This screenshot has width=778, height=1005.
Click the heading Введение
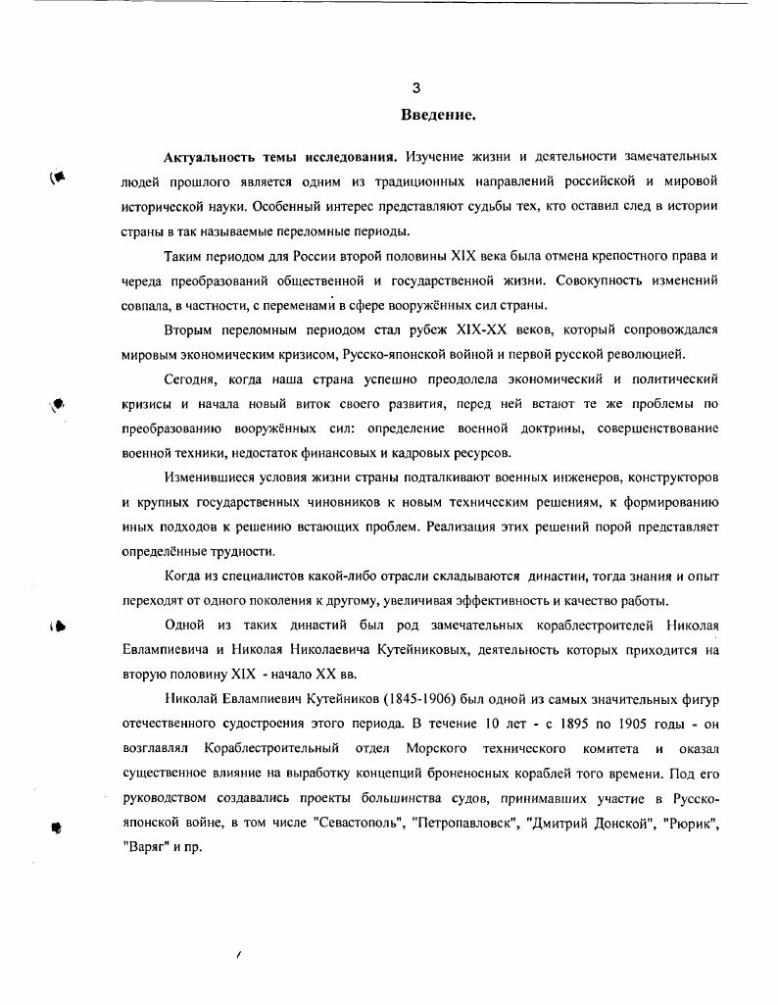tap(438, 115)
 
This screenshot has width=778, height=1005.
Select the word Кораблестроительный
tap(267, 749)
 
